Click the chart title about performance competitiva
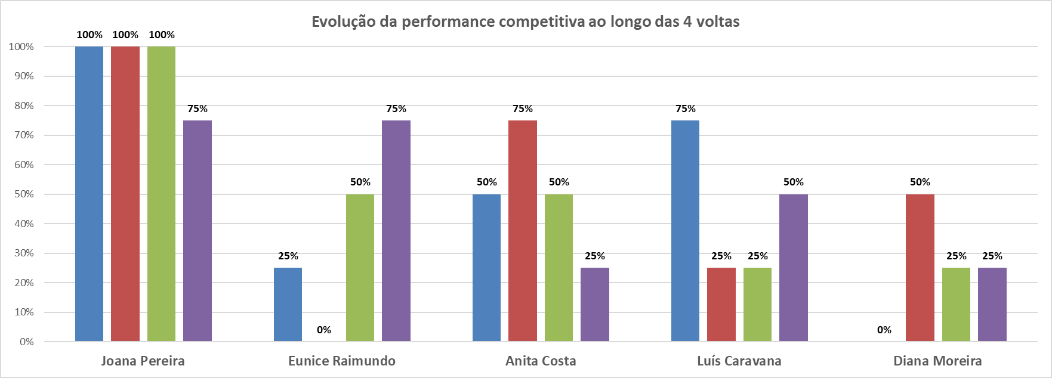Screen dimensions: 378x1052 [x=525, y=22]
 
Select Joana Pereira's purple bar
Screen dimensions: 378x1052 [x=198, y=231]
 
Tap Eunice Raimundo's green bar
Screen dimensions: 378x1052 [x=360, y=268]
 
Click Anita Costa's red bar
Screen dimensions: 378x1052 [x=523, y=231]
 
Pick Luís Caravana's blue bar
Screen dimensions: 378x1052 [x=685, y=231]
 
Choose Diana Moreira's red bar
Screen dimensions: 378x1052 [x=920, y=268]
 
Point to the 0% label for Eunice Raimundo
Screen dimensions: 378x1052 [x=324, y=330]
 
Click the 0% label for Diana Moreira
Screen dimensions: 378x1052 [x=884, y=330]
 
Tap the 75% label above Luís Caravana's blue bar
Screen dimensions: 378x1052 [x=685, y=109]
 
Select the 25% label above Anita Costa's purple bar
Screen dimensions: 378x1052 [x=594, y=256]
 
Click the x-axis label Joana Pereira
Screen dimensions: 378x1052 [x=143, y=361]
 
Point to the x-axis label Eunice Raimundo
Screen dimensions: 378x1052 [x=341, y=361]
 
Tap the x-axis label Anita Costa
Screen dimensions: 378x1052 [x=541, y=361]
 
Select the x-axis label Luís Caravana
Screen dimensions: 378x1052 [x=739, y=361]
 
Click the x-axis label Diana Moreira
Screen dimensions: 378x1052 [x=937, y=361]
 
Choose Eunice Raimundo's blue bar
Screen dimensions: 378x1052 [x=288, y=305]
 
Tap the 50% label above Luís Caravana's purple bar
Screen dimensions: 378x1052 [x=793, y=182]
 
